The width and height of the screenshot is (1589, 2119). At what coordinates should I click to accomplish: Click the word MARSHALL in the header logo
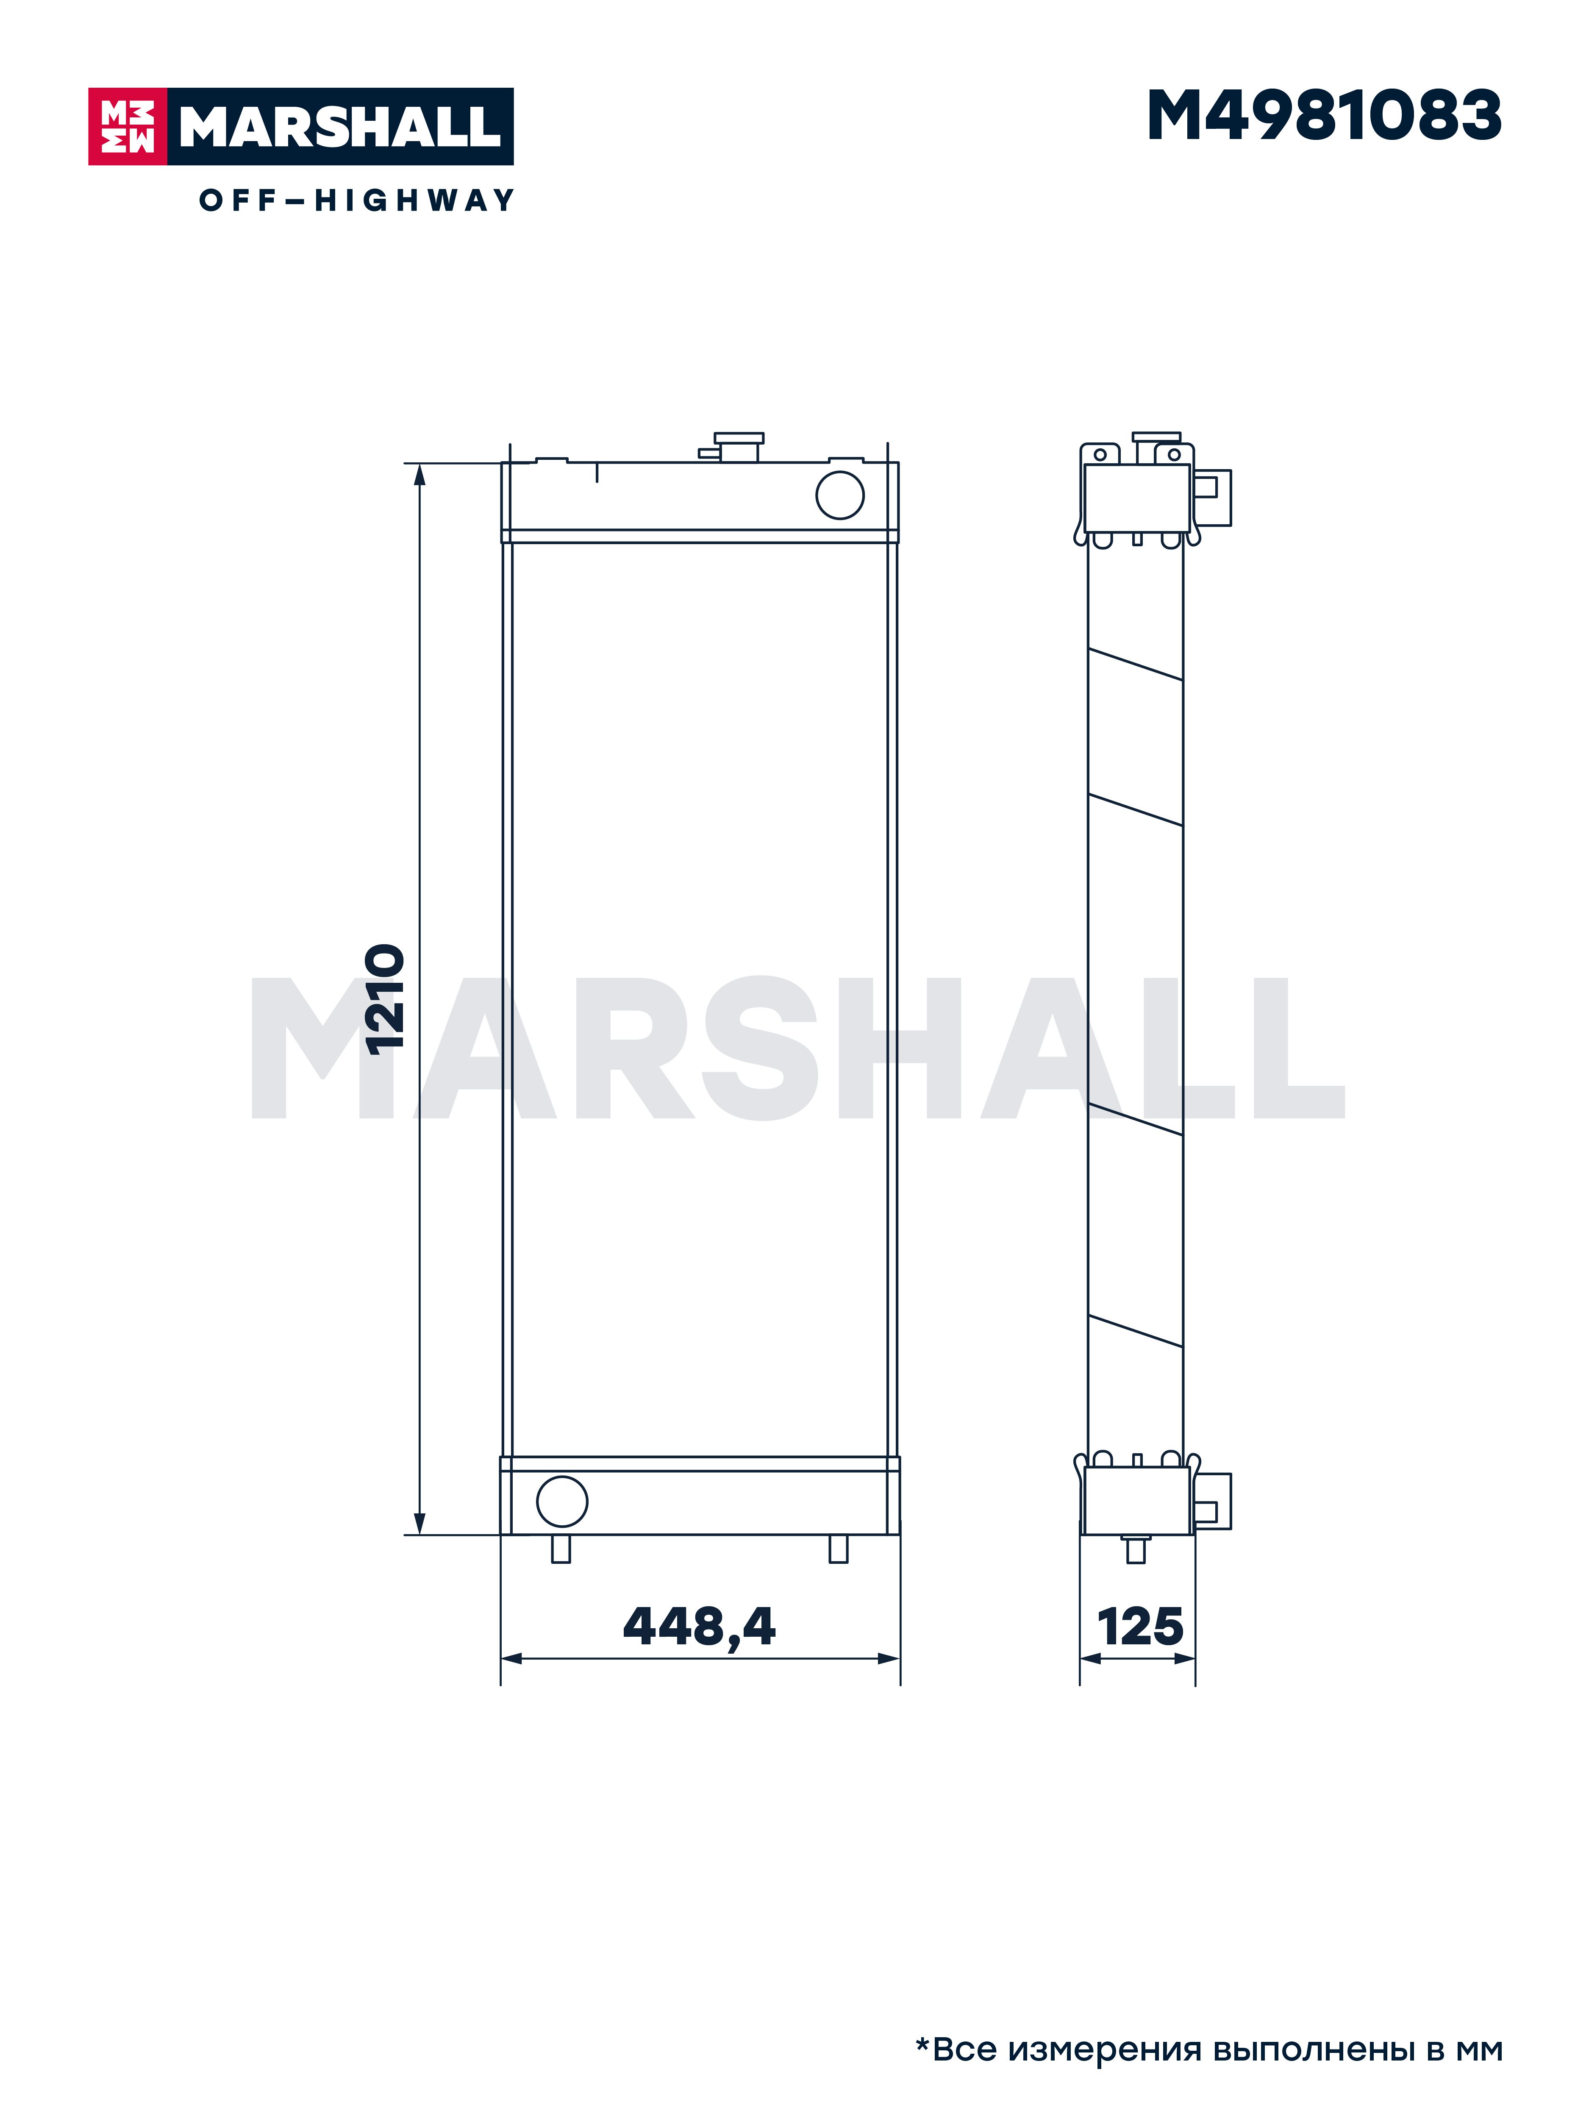pos(340,126)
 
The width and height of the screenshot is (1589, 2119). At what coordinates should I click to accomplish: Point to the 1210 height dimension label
pos(386,999)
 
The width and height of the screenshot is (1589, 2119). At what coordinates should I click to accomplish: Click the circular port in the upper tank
pos(840,495)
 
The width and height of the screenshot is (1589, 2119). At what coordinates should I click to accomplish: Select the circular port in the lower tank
pos(562,1501)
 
